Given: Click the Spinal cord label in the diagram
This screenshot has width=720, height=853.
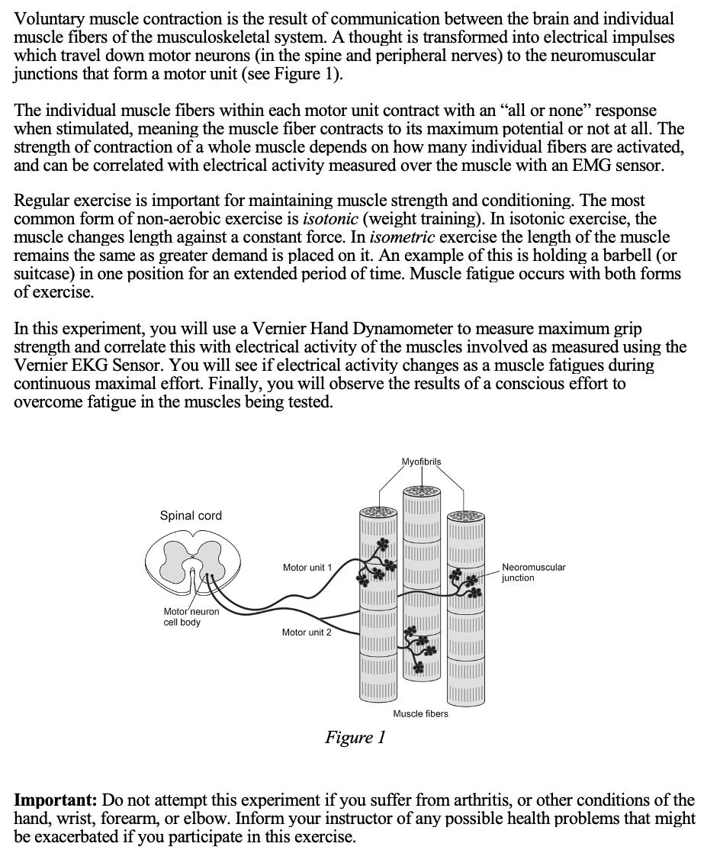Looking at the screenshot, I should [x=191, y=516].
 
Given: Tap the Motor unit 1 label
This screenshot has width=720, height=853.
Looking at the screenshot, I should [x=307, y=568].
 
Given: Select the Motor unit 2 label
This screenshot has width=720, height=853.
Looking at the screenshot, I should [x=307, y=633].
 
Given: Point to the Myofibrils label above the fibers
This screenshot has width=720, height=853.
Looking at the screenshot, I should [x=421, y=462].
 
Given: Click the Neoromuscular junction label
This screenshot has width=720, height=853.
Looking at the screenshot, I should [x=533, y=572].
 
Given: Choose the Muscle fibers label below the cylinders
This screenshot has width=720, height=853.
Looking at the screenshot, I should [x=420, y=713].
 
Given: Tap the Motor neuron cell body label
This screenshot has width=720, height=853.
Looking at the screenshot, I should [x=191, y=616].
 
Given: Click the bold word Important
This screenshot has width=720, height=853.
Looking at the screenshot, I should [x=56, y=800].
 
